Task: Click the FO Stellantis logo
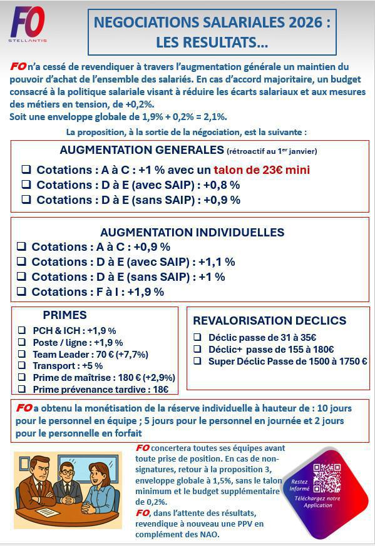coord(28,24)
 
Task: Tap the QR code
coord(327,478)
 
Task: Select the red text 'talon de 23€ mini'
coord(262,169)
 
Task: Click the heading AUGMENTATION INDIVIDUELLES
coord(192,232)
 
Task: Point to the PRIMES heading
coord(64,315)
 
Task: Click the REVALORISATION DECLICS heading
coord(269,321)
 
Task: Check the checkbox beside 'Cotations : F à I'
coord(21,291)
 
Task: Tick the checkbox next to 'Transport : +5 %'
coord(22,366)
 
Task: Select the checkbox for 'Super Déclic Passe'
coord(197,361)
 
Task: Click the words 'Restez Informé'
coord(299,485)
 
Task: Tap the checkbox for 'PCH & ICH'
coord(22,330)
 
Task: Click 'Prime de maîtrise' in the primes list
coord(69,378)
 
